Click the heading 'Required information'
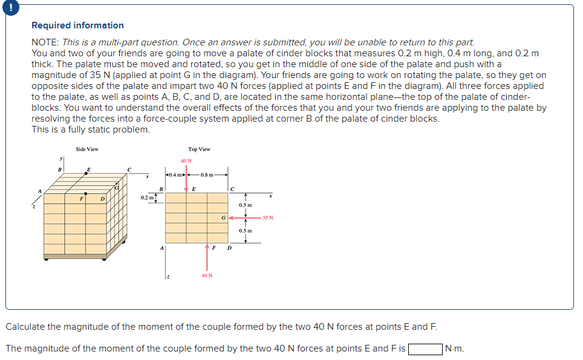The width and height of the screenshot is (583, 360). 77,25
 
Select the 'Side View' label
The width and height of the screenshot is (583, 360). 87,149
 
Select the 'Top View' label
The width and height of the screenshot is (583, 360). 199,149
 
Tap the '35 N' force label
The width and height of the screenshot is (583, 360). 268,217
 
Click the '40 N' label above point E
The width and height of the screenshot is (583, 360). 186,161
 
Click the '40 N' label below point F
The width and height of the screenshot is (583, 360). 206,275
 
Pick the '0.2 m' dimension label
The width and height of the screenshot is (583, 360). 146,197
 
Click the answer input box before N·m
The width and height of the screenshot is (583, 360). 425,349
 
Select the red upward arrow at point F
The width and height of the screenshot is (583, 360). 207,253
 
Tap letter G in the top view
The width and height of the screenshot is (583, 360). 223,217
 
